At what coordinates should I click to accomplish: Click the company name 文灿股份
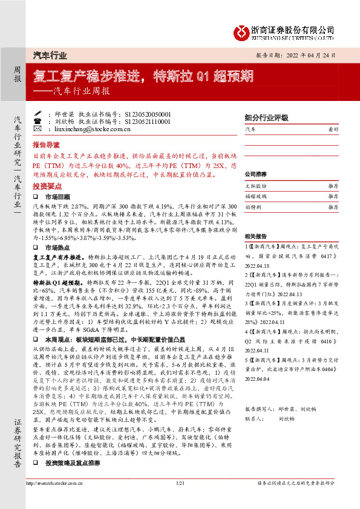tap(255, 186)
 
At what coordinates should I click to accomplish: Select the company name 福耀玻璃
tap(255, 196)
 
